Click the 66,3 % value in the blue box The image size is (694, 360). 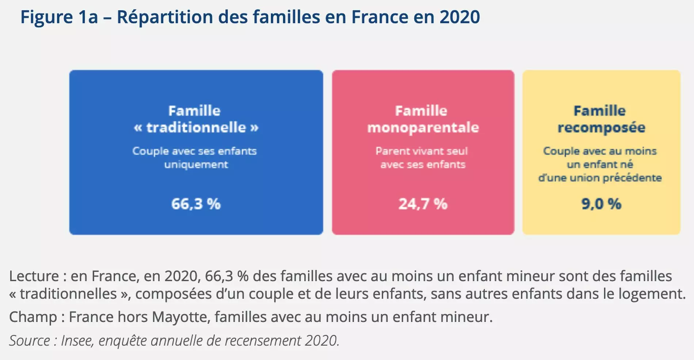(196, 204)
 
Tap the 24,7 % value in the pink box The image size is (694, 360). (423, 204)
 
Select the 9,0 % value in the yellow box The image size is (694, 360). (601, 204)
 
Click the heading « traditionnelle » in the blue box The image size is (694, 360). (196, 127)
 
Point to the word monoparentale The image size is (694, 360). (423, 127)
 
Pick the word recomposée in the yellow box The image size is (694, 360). (601, 127)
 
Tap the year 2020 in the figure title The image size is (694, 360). (460, 17)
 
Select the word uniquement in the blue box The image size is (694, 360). (196, 165)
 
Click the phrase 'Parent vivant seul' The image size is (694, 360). (422, 151)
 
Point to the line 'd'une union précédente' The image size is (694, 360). (600, 178)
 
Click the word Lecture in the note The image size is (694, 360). (34, 276)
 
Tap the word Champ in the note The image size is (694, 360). (33, 317)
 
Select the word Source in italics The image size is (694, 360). (29, 341)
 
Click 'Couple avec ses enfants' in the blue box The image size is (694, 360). (194, 151)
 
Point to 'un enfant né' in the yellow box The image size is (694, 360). (600, 165)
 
